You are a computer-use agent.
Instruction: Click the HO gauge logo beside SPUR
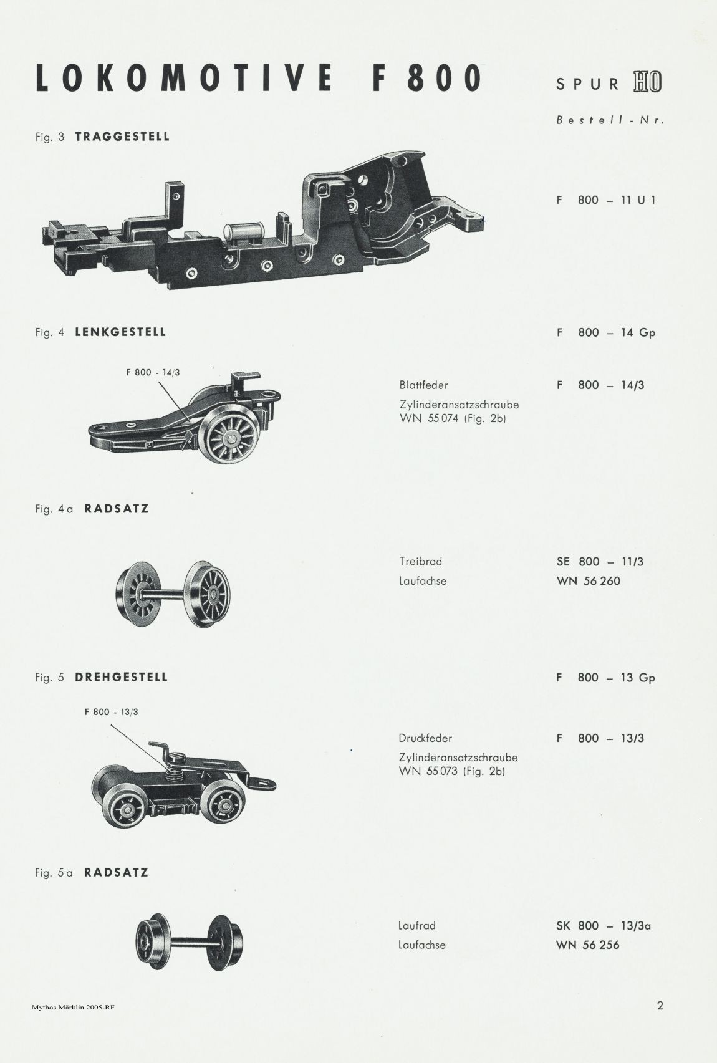click(647, 82)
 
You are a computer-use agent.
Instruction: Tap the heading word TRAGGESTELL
click(122, 137)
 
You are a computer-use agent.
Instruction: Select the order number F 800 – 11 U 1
click(606, 200)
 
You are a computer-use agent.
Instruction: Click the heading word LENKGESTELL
click(120, 332)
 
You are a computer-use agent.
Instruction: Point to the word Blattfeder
click(423, 385)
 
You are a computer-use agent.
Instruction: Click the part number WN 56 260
click(589, 581)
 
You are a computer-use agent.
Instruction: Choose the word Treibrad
click(420, 561)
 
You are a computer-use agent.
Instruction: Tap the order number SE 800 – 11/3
click(600, 561)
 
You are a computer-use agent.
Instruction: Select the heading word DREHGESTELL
click(122, 677)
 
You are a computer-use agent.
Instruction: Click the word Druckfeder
click(425, 738)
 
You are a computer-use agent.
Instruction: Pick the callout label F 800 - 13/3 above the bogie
click(111, 712)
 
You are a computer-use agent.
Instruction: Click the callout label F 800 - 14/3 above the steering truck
click(153, 373)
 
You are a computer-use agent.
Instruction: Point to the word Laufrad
click(416, 925)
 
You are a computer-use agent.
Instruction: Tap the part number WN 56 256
click(588, 945)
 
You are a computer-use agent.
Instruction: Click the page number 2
click(660, 1005)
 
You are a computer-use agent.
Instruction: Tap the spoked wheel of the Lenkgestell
click(230, 436)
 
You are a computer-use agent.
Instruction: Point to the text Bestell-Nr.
click(610, 120)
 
